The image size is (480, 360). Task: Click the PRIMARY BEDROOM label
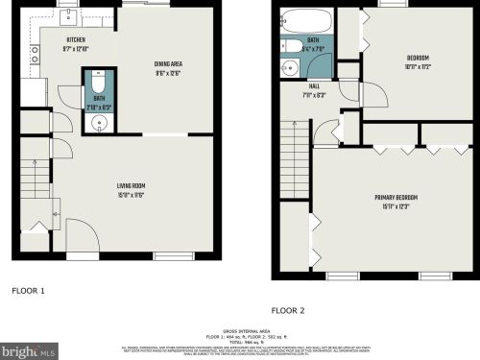395,198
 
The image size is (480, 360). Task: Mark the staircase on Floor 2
296,158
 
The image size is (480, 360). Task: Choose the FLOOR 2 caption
288,310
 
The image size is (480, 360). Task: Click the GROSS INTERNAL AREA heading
239,328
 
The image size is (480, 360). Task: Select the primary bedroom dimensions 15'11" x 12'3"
395,207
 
